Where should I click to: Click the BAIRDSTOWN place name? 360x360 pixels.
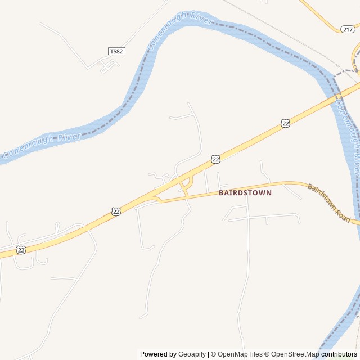[x=245, y=192]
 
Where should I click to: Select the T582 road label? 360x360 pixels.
[x=116, y=51]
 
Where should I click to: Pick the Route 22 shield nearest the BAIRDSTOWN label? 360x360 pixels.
[x=215, y=160]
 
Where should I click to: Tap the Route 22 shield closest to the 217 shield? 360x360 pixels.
[x=286, y=123]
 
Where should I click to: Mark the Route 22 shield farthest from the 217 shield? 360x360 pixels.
[x=21, y=249]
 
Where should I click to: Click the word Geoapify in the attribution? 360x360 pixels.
[x=192, y=354]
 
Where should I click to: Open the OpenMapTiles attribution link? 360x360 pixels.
[x=240, y=354]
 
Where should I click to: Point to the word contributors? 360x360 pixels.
[x=339, y=354]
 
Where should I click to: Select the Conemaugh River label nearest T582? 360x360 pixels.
[x=180, y=33]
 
